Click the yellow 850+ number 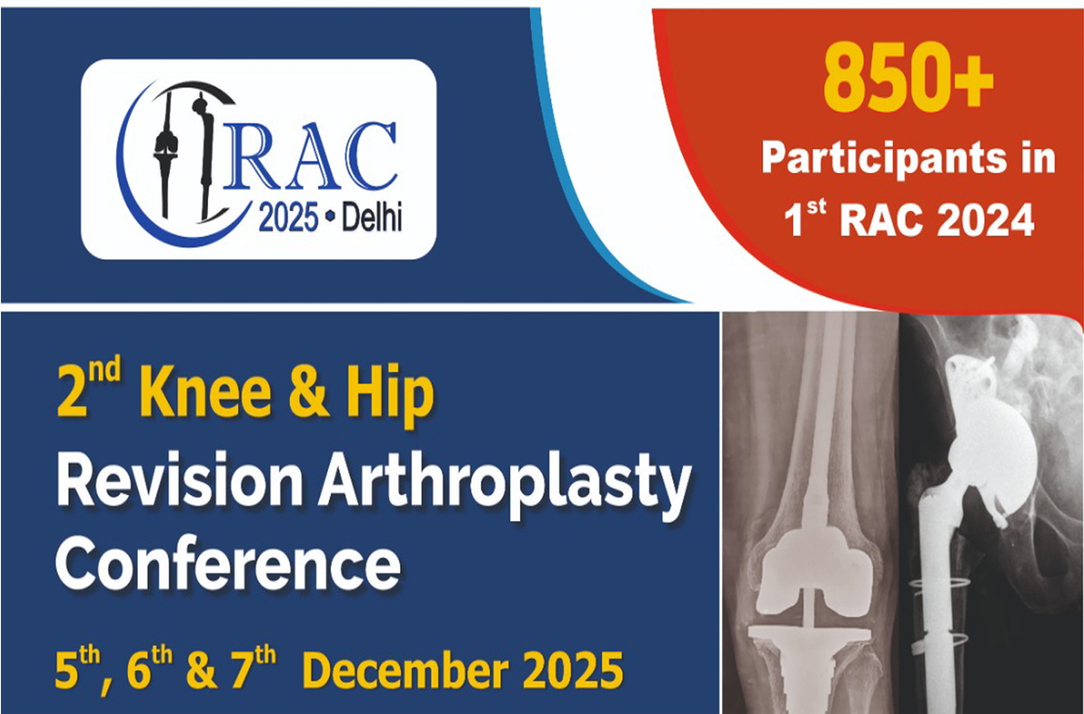pyautogui.click(x=908, y=77)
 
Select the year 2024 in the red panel pyautogui.click(x=986, y=221)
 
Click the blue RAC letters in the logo pyautogui.click(x=313, y=158)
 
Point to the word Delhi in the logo pyautogui.click(x=371, y=220)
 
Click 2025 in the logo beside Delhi pyautogui.click(x=288, y=220)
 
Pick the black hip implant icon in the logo pyautogui.click(x=204, y=155)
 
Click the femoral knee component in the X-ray pyautogui.click(x=808, y=572)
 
